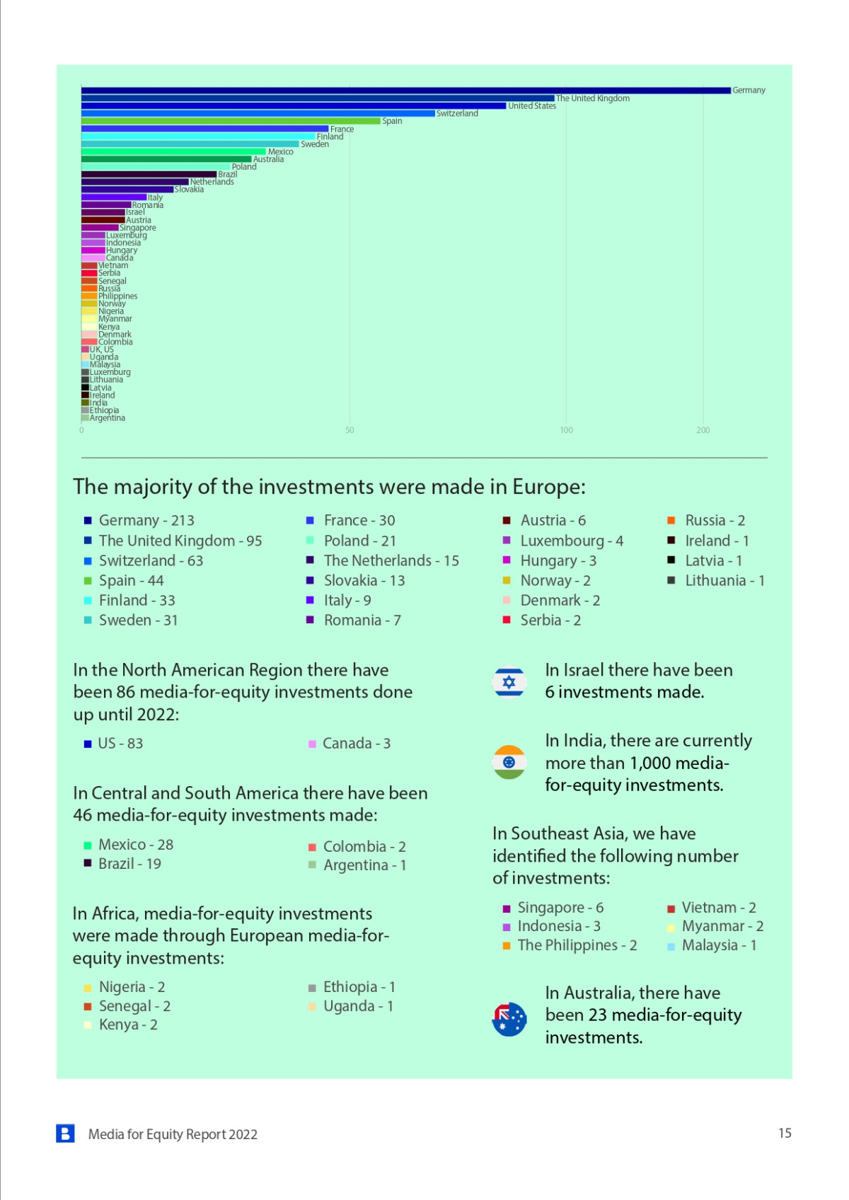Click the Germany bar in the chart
(405, 91)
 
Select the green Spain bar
(231, 121)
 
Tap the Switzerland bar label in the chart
(457, 113)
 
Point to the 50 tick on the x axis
(350, 430)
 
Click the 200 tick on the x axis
(703, 430)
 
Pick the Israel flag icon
(509, 682)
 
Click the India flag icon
(509, 762)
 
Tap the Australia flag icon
(509, 1020)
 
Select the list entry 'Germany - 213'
(146, 521)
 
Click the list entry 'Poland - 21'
(359, 541)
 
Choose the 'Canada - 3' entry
(356, 744)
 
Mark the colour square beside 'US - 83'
(88, 744)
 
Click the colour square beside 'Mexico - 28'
(88, 846)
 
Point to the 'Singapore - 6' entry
(560, 908)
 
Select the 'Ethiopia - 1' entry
(359, 987)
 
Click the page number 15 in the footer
(785, 1133)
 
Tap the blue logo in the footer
(66, 1133)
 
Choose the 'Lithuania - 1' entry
(724, 581)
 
